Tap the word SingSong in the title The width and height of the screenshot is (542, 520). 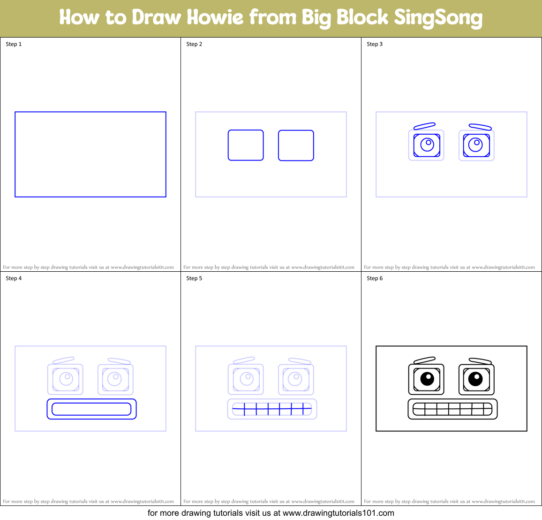point(438,17)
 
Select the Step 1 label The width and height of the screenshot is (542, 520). point(14,44)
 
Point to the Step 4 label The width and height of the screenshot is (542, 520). point(14,278)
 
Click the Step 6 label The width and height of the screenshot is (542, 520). point(375,278)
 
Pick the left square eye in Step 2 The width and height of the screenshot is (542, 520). point(246,145)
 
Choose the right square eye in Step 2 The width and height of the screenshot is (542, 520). point(296,145)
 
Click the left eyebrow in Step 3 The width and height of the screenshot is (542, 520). point(424,126)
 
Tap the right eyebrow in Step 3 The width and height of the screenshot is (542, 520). point(480,126)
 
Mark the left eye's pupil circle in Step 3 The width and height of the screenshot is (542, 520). point(427,144)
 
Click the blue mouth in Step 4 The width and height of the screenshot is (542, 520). point(91,409)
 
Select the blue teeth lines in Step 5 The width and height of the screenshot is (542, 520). point(272,409)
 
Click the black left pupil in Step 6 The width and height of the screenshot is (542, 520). point(427,378)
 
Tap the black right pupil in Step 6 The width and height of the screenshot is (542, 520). point(476,378)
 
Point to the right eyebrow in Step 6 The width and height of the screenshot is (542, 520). point(480,361)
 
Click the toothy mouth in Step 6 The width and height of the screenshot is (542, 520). point(452,409)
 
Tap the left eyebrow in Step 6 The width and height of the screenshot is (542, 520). point(424,360)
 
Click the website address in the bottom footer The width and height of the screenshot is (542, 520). point(338,513)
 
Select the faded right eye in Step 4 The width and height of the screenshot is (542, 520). point(115,379)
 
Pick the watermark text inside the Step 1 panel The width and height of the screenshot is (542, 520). point(88,267)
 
